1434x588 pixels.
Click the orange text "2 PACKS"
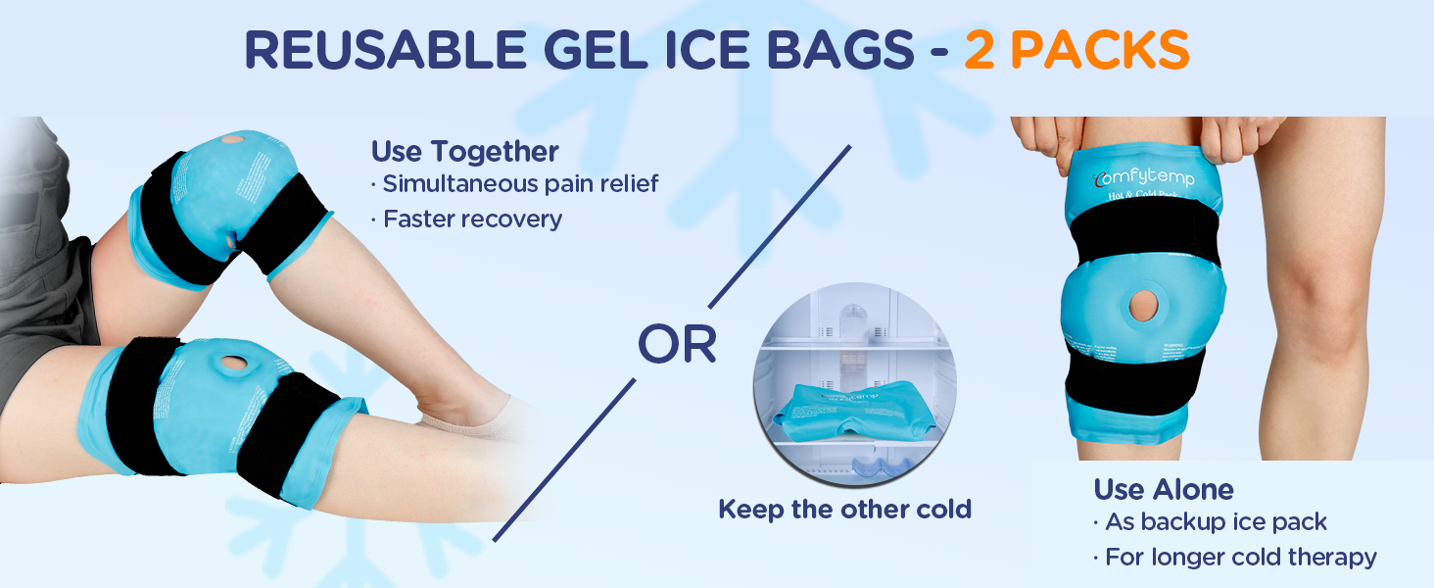(1076, 50)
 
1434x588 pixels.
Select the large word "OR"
(676, 343)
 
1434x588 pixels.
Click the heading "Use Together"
(464, 152)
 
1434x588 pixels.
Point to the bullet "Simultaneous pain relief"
(520, 183)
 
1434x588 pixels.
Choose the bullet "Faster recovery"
(467, 219)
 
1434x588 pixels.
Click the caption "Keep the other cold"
(844, 510)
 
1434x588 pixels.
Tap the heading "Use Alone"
(1164, 489)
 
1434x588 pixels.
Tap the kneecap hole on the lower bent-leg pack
(233, 363)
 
